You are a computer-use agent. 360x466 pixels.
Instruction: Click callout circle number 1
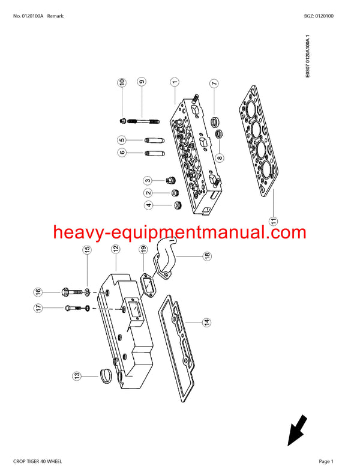174,82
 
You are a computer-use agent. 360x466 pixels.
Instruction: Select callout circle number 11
274,221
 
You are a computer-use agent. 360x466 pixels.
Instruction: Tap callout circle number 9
141,82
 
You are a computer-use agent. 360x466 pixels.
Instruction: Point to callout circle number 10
122,82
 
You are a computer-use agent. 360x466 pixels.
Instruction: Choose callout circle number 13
77,377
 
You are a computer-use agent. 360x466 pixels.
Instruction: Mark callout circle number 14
206,322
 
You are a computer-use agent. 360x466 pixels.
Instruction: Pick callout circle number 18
207,256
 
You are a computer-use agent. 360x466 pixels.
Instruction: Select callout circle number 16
38,292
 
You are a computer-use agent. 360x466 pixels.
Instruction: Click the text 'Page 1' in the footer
325,461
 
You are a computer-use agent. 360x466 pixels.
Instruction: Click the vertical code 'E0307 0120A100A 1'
308,59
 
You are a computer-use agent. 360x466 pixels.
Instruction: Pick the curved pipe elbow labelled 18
167,252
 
